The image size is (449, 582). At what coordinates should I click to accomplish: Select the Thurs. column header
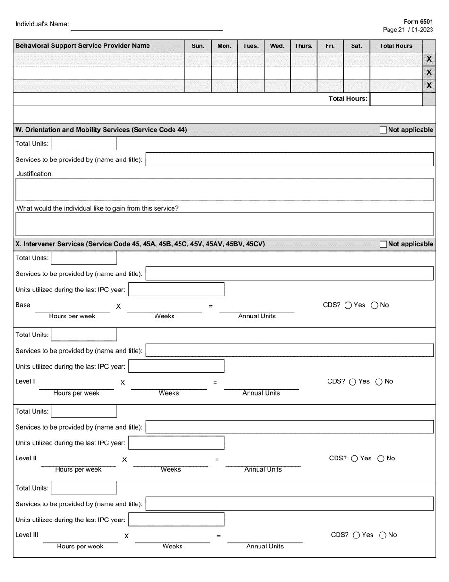point(303,46)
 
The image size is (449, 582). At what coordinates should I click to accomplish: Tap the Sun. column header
point(198,46)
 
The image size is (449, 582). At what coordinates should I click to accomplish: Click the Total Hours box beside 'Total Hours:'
point(396,99)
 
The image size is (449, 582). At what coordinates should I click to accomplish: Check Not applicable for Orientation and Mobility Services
point(383,130)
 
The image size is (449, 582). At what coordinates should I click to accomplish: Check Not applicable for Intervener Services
point(383,244)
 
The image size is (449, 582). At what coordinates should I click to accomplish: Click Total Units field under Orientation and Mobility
point(84,144)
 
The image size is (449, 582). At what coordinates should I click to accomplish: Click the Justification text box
point(224,189)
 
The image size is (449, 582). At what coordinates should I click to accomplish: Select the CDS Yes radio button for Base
point(348,305)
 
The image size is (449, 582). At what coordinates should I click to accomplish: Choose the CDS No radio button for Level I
point(379,382)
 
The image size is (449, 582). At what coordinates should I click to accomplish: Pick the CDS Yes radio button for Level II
point(354,459)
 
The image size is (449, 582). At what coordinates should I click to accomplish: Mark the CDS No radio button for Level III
point(383,535)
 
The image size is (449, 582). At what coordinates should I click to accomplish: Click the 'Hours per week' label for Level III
point(80,547)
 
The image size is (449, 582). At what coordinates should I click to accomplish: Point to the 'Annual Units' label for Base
point(257,317)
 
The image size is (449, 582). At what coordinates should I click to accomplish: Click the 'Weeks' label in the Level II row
point(171,470)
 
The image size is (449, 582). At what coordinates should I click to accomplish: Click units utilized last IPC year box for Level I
point(176,366)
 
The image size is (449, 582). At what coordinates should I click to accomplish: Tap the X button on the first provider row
point(429,59)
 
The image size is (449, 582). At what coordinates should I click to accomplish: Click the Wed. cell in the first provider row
point(277,59)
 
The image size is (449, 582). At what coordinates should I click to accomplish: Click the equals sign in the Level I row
point(215,383)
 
